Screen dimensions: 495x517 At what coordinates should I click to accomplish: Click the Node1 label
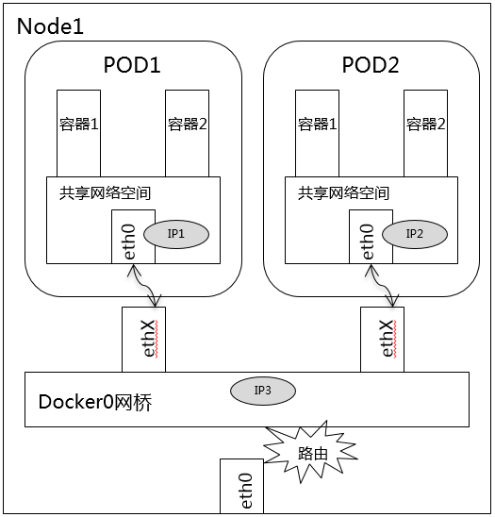coord(50,26)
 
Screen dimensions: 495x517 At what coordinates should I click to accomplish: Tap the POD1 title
coord(132,64)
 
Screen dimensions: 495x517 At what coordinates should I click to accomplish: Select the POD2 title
coord(371,64)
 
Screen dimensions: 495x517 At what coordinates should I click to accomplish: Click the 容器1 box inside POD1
coord(79,133)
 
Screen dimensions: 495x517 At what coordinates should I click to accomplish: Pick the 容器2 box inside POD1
coord(188,133)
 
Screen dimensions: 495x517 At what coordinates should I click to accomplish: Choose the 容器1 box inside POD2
coord(318,133)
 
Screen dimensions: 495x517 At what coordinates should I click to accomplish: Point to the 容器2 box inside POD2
coord(426,133)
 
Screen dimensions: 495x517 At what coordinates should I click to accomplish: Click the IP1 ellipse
coord(176,234)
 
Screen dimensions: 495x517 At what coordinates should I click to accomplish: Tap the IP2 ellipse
coord(415,234)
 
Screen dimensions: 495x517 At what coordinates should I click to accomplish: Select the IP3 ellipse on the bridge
coord(263,391)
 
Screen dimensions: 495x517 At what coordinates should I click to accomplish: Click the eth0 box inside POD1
coord(133,237)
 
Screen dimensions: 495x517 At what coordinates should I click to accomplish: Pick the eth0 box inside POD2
coord(371,237)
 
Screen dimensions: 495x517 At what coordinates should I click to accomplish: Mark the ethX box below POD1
coord(143,340)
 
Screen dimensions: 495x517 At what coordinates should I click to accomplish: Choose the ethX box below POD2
coord(382,340)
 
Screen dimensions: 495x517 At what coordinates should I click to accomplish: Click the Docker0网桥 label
coord(95,402)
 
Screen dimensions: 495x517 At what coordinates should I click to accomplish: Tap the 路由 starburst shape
coord(311,453)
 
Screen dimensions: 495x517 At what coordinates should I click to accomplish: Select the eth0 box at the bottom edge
coord(241,486)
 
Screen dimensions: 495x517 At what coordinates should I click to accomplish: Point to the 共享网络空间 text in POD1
coord(105,192)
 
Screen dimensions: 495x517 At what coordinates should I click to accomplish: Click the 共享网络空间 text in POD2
coord(343,192)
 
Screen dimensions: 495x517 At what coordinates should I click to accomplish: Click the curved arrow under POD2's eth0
coord(383,286)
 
